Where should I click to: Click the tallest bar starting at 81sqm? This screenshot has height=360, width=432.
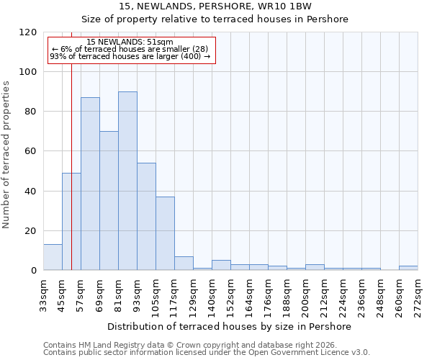(127, 181)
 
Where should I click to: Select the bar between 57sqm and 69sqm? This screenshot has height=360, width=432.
(90, 184)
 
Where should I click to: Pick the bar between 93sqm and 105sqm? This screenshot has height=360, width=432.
(146, 216)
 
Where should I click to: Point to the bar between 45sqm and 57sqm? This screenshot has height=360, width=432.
(71, 222)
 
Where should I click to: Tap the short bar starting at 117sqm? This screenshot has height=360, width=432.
(184, 264)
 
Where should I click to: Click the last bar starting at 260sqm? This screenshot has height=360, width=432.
(408, 268)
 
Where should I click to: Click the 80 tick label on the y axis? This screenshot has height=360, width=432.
(31, 112)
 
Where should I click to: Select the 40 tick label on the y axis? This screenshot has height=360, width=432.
(31, 192)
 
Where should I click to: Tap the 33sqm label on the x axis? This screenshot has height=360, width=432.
(43, 295)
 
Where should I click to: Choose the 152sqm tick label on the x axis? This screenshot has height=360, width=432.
(230, 295)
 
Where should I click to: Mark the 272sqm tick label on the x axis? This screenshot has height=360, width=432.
(418, 295)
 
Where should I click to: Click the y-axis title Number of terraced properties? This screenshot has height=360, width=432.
(6, 154)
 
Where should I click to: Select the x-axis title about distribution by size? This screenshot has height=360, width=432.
(230, 326)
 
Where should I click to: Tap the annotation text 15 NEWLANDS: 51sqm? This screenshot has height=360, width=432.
(130, 42)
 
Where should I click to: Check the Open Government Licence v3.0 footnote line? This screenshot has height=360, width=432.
(207, 353)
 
